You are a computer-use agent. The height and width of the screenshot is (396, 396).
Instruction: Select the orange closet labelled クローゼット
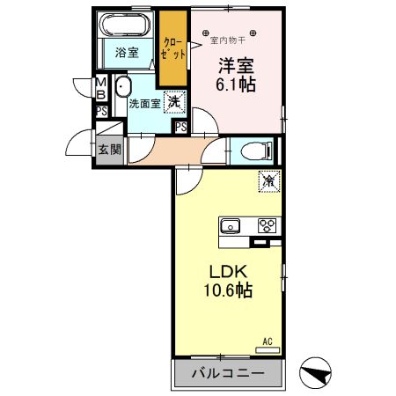point(173,48)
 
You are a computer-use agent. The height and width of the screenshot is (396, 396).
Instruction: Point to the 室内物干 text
point(231,38)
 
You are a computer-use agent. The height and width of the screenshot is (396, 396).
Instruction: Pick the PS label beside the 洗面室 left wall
point(102,111)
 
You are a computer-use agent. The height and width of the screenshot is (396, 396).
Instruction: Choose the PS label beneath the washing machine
point(180,128)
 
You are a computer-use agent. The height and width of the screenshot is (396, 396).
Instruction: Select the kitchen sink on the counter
point(231,224)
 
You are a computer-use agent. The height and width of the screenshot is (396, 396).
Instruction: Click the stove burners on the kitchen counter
point(267,225)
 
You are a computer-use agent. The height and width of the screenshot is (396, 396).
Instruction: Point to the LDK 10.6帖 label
point(230,280)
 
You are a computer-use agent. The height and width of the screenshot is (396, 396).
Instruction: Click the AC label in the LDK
point(266,339)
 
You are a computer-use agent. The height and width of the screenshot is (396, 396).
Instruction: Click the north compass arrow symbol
point(316,373)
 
